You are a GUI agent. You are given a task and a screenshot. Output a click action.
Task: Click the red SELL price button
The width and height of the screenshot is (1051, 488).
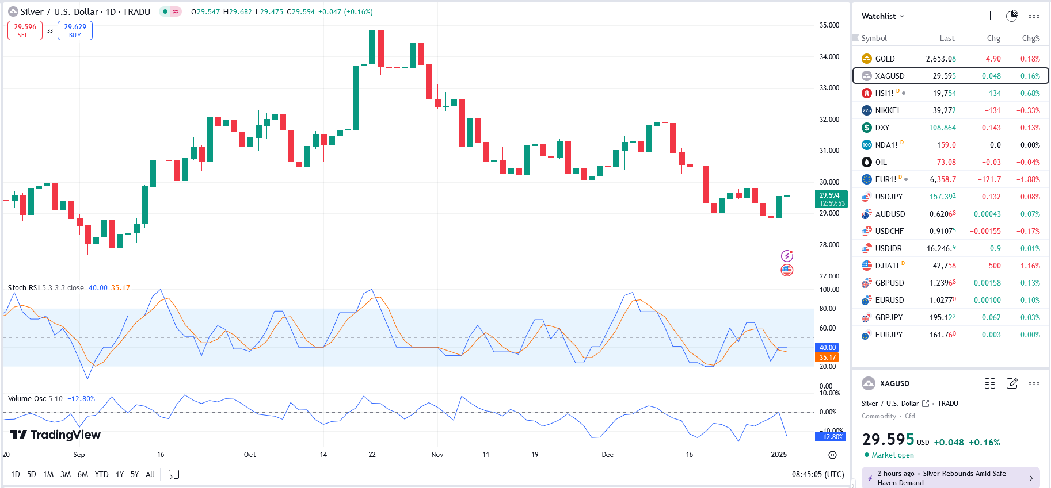coord(25,30)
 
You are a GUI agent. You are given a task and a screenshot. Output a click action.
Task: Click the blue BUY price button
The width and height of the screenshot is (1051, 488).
coord(75,30)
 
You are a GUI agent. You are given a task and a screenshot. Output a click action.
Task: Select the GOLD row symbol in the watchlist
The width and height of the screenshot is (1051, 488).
coord(885,59)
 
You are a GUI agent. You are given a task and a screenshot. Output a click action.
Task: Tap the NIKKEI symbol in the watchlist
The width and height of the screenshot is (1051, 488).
coord(886,110)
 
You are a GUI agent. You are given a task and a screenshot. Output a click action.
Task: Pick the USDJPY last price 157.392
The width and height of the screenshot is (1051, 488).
coord(942,197)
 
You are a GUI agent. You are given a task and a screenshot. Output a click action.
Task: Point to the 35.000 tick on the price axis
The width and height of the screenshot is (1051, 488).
coord(829,25)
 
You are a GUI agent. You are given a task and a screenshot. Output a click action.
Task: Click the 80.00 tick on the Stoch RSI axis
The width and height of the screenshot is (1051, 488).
coord(828,309)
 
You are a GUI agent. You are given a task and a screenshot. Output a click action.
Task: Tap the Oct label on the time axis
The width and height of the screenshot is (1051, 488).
coord(250,455)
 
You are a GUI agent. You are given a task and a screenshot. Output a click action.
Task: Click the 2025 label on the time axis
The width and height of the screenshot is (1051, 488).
coord(778,455)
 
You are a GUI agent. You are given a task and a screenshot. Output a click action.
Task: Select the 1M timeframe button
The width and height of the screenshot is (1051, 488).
coord(48,474)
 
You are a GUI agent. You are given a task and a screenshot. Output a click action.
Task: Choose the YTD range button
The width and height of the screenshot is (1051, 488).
coord(101,474)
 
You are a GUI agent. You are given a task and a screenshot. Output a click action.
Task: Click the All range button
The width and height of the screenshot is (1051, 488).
coord(150,474)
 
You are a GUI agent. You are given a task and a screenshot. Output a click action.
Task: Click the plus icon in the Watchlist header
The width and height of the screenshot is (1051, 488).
coord(990,16)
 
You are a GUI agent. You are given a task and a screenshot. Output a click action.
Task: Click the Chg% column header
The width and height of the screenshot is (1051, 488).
coord(1030,38)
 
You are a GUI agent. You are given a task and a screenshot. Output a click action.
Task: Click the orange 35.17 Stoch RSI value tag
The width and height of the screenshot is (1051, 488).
coord(827,358)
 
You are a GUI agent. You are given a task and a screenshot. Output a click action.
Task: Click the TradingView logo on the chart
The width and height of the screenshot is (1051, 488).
coord(55,435)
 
